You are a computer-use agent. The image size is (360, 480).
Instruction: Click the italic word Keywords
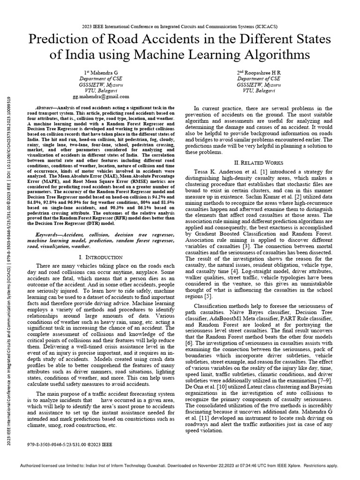48,234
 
